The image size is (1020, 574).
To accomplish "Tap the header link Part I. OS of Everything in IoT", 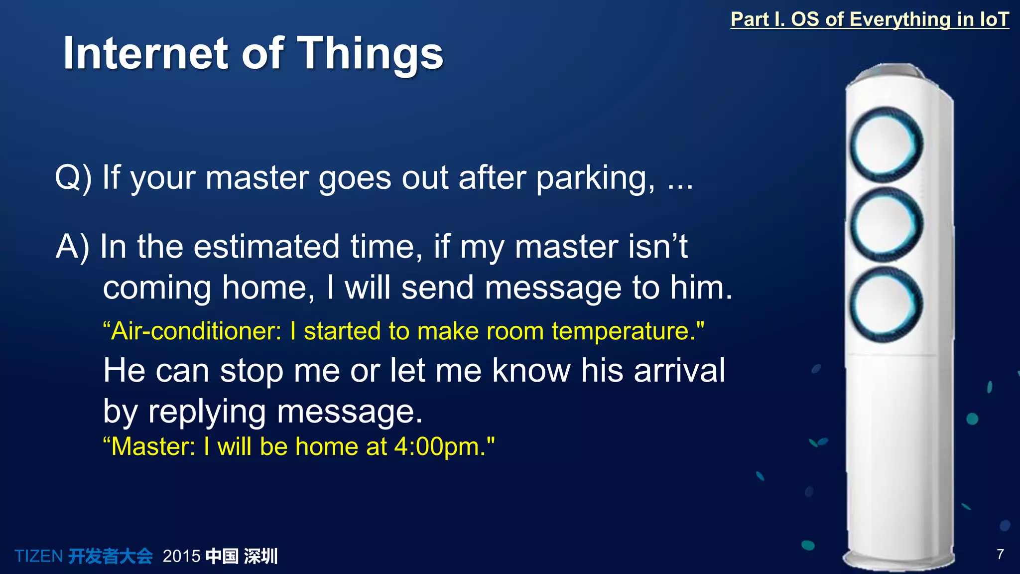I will pos(869,19).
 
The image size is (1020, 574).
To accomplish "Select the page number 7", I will pos(1000,554).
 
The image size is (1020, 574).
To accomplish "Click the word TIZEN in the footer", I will pos(38,556).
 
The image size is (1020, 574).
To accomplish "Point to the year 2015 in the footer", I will pos(181,556).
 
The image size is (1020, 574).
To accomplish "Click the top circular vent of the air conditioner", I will pos(886,144).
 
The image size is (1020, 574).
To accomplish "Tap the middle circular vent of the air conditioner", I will pos(886,224).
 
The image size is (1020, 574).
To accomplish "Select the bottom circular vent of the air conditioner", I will pos(886,304).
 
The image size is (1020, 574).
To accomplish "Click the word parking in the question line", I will pos(595,178).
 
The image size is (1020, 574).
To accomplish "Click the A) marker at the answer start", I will pos(73,247).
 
